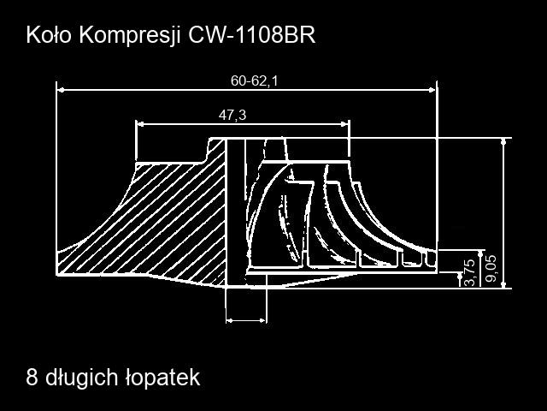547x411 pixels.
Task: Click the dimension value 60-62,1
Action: pos(254,81)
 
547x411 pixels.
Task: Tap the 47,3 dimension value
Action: pos(232,115)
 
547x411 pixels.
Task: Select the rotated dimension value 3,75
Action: pos(470,272)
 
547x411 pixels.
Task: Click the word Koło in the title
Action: pos(48,34)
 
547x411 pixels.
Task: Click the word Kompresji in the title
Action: pos(130,35)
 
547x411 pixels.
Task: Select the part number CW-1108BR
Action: pos(251,34)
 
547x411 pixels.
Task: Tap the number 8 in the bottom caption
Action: pos(32,377)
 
